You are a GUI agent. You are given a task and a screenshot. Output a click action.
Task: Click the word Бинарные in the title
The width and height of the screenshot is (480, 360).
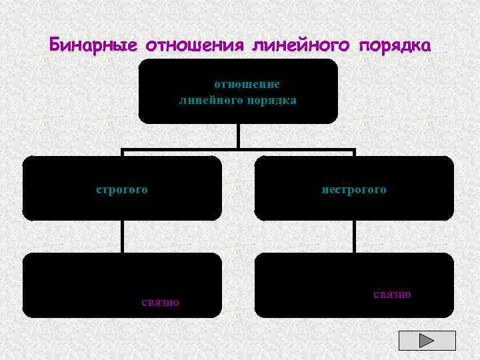(93, 45)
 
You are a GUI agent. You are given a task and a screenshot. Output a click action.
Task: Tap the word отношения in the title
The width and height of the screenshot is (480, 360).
(194, 45)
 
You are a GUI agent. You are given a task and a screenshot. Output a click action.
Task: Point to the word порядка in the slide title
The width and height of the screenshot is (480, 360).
(395, 45)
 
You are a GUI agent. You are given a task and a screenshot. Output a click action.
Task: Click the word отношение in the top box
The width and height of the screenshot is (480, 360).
(247, 85)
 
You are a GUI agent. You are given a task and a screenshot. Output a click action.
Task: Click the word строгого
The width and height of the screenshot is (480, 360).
(122, 189)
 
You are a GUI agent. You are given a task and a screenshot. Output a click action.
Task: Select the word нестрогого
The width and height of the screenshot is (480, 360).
(354, 189)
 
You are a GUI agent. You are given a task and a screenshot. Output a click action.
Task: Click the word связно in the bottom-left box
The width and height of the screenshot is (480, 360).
(160, 302)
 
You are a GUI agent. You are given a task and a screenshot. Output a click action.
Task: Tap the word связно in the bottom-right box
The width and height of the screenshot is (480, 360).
(392, 294)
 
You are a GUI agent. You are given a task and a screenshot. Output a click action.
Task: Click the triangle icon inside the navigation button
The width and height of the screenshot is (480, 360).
(427, 340)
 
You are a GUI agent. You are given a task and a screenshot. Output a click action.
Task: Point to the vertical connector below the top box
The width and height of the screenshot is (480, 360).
(238, 135)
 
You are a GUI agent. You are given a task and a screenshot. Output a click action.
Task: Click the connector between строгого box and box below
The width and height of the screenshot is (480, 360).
(122, 237)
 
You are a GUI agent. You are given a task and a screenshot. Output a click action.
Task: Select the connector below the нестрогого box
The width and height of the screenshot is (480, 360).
(354, 237)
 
